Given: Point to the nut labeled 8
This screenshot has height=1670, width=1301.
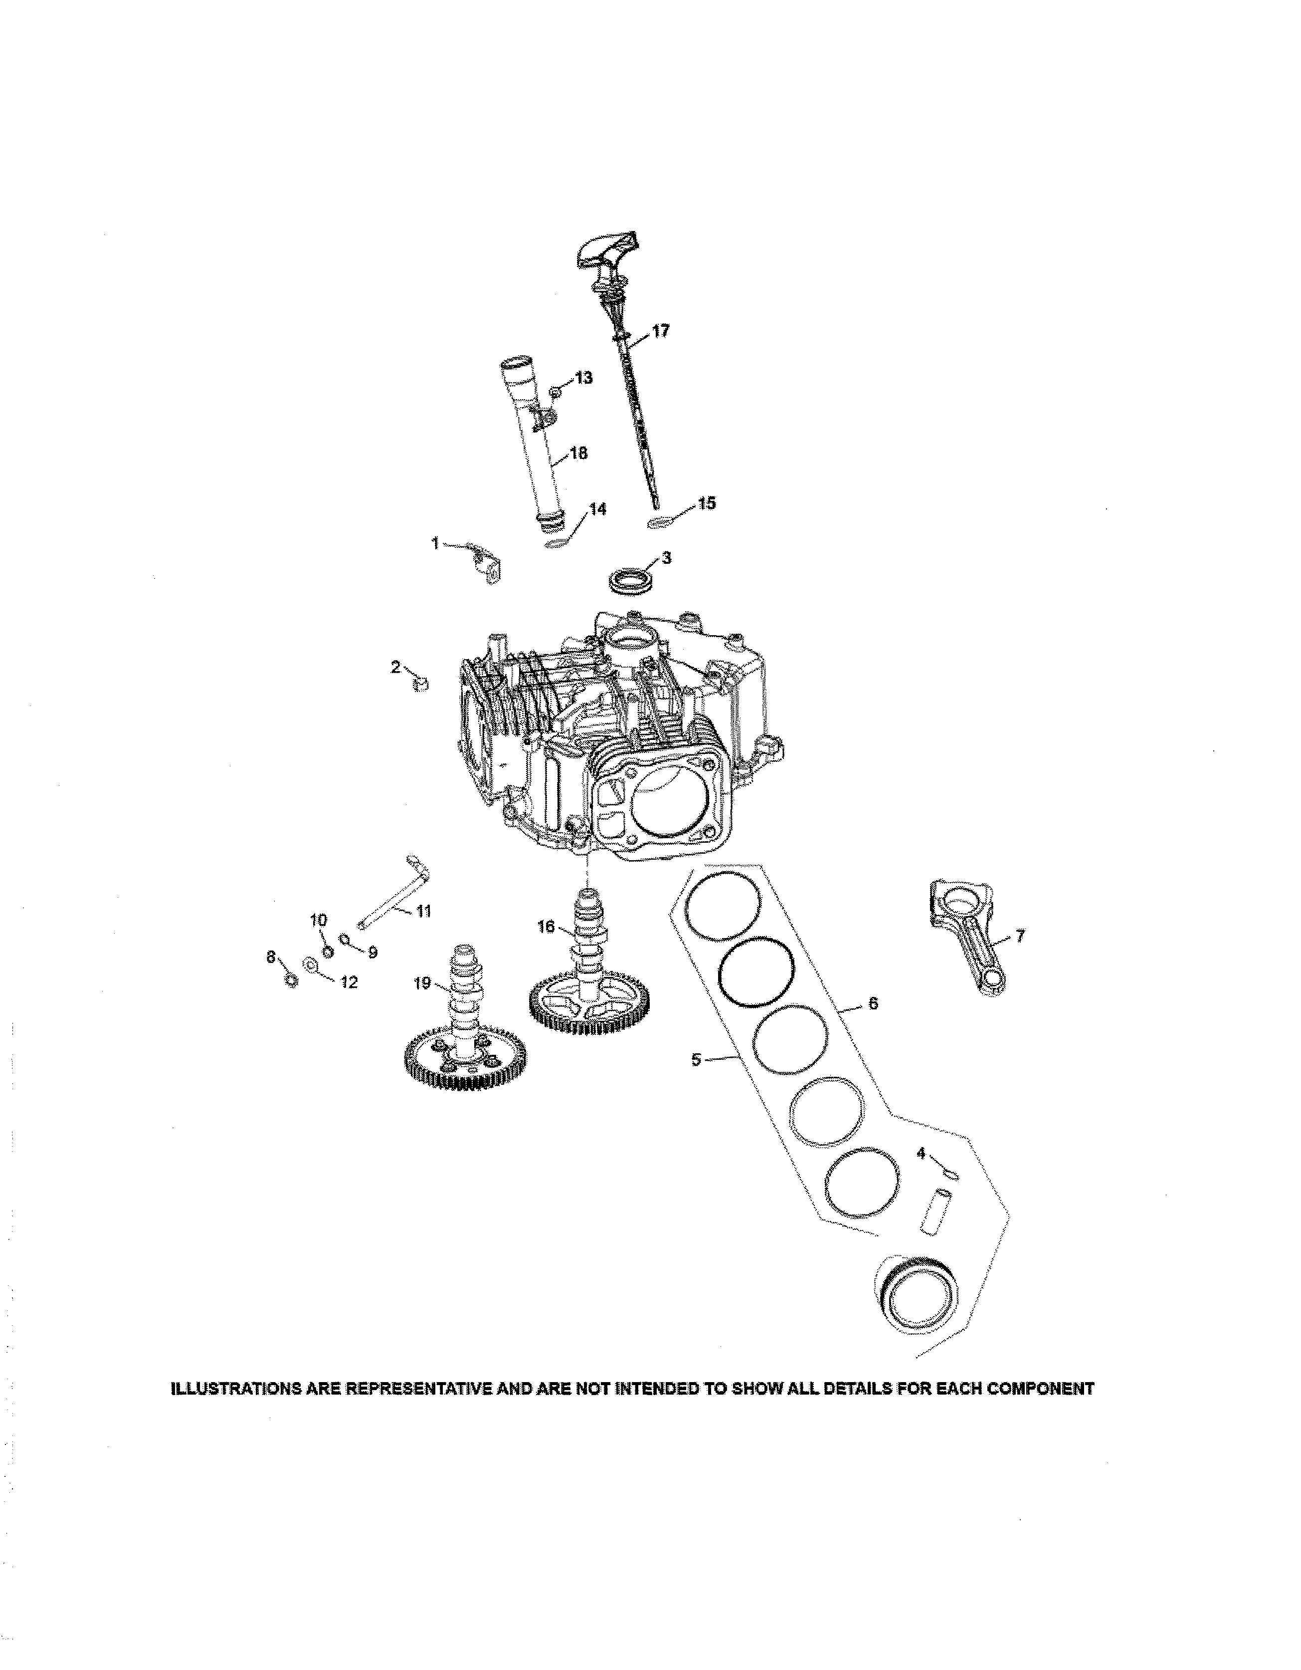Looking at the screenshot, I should pyautogui.click(x=291, y=980).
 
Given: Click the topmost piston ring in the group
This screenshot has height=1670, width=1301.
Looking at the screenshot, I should pyautogui.click(x=723, y=908).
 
